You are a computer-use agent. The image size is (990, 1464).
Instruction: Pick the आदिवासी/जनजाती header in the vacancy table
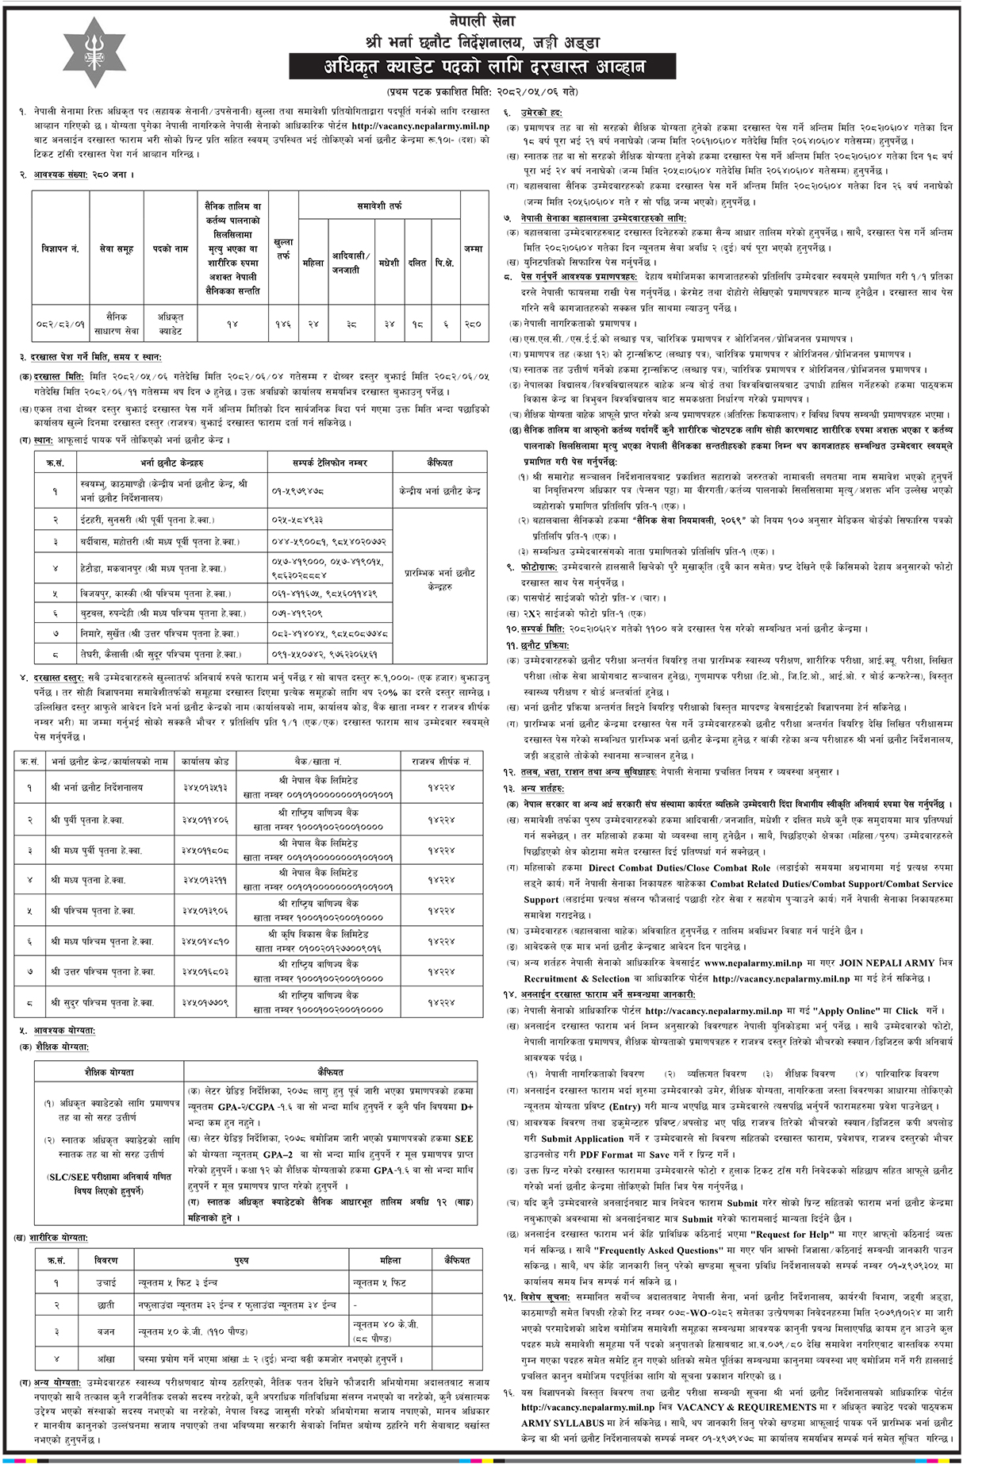tap(351, 263)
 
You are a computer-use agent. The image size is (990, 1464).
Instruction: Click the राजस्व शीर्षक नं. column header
tap(441, 761)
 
